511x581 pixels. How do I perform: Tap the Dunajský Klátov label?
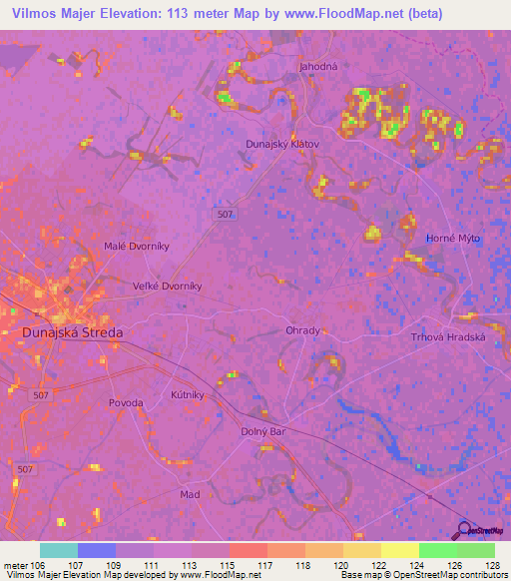coord(282,144)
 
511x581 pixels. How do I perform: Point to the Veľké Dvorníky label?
coord(168,286)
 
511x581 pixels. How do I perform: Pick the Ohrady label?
coord(303,331)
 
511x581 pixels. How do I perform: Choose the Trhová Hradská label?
coord(448,337)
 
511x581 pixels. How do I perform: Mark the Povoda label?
coord(126,402)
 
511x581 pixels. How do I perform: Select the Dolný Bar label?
coord(263,431)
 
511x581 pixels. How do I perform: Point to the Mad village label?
coord(190,494)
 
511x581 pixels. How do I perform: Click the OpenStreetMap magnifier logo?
coord(465,529)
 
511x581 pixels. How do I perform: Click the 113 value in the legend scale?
coord(190,564)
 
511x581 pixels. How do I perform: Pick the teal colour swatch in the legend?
coord(59,550)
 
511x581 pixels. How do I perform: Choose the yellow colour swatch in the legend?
coord(400,550)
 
